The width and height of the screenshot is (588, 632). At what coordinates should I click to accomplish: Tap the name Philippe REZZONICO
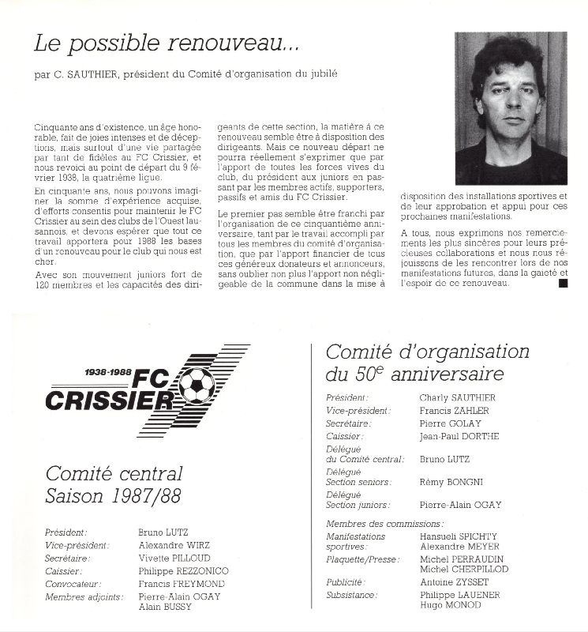point(184,570)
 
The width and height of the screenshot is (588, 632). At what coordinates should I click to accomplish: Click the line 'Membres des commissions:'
point(384,524)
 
